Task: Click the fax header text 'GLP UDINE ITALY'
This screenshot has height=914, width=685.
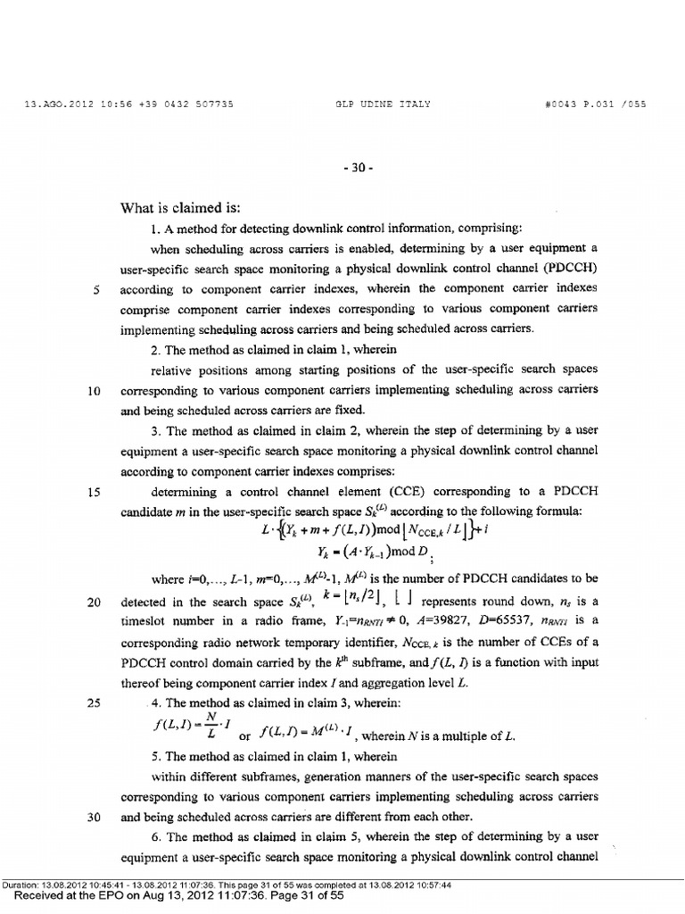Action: (382, 104)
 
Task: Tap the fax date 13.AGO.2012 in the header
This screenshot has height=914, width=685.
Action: (53, 104)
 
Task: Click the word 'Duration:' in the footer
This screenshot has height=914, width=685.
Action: (20, 885)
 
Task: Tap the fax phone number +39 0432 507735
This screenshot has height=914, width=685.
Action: (184, 104)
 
